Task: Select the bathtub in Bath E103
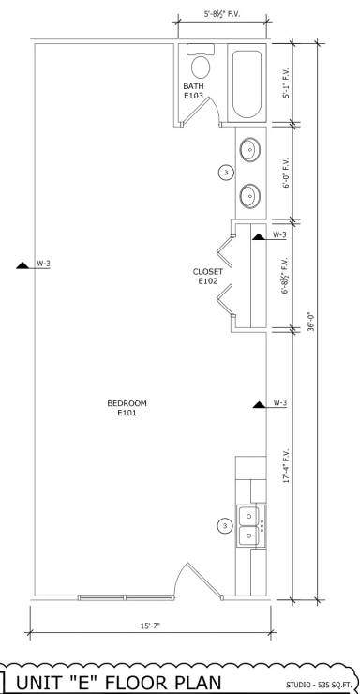[247, 83]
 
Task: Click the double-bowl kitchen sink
[249, 525]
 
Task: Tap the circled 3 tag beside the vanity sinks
[224, 173]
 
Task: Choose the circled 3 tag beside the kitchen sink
[224, 526]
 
